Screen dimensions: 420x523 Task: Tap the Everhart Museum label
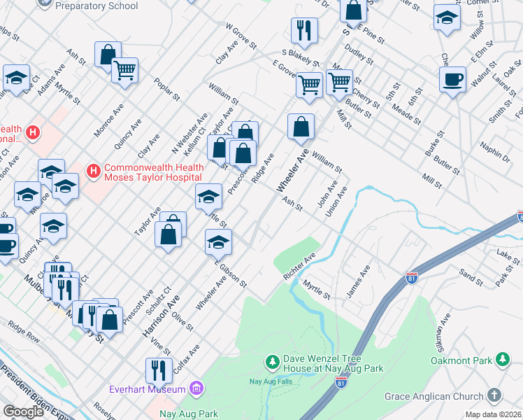click(148, 389)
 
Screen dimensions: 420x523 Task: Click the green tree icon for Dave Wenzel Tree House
click(272, 362)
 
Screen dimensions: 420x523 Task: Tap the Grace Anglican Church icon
click(494, 396)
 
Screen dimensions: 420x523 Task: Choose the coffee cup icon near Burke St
click(452, 79)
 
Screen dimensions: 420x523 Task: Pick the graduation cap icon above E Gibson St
click(218, 242)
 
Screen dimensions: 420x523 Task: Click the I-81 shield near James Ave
click(412, 279)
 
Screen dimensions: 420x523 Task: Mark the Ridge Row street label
click(24, 330)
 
